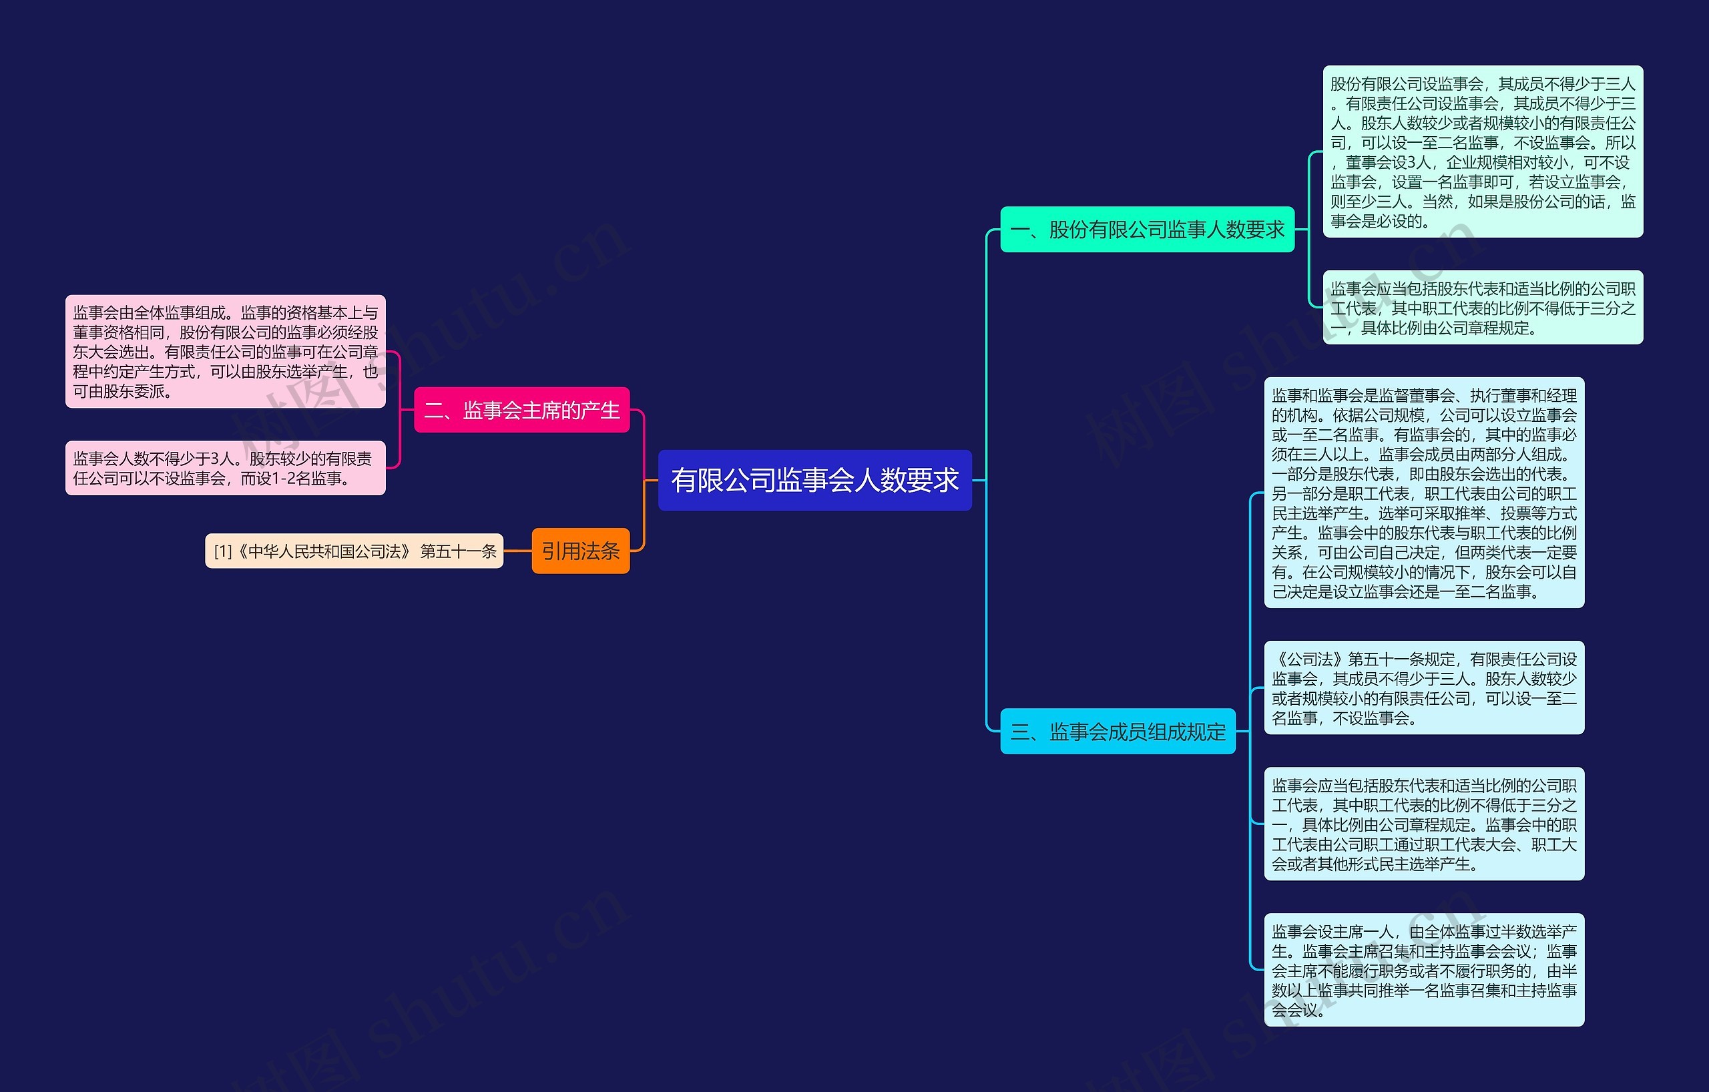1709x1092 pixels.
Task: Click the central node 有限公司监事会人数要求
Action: click(814, 480)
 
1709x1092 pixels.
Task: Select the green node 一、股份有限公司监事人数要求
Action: click(1146, 229)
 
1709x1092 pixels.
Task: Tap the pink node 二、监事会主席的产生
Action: click(521, 409)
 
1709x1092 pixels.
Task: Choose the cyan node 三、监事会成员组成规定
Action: click(1117, 731)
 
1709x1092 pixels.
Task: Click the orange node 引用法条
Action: click(580, 551)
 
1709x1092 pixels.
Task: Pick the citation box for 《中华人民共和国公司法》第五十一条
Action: click(354, 551)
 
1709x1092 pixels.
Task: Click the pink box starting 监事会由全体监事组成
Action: click(225, 351)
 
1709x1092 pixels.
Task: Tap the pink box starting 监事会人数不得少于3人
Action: click(225, 469)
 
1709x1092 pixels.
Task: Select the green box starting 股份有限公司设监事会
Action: click(1482, 152)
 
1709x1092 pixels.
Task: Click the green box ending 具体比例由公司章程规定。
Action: click(1482, 307)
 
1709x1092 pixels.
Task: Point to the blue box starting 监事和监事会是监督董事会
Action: click(1423, 493)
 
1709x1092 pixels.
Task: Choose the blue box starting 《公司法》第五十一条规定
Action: click(1423, 688)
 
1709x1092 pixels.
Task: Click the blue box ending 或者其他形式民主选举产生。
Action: click(1423, 824)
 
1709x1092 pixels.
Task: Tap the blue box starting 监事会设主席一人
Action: click(1423, 969)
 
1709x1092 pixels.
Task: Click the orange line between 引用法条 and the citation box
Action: click(517, 551)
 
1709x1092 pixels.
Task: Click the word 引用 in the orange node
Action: click(561, 551)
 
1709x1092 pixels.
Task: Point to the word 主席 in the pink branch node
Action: click(541, 409)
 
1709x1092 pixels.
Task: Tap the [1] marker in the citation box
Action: click(223, 551)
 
